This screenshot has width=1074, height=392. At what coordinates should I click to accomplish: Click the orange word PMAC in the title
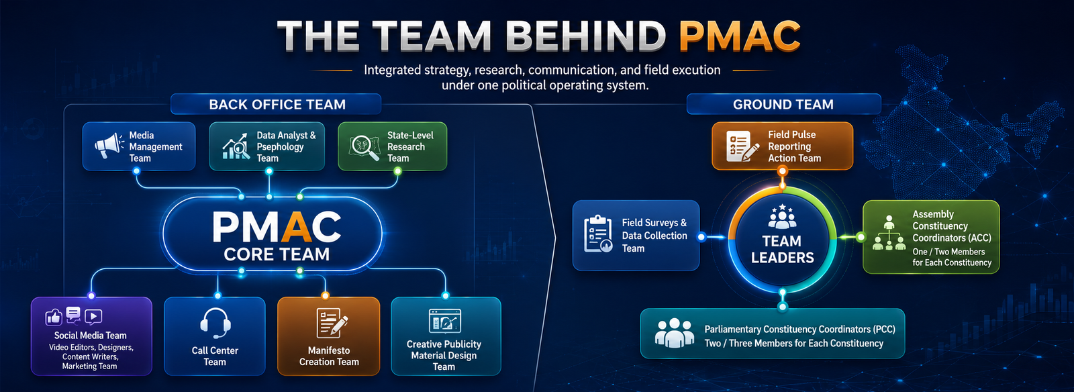pyautogui.click(x=740, y=36)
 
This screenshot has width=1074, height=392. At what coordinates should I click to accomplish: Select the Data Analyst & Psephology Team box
pyautogui.click(x=266, y=146)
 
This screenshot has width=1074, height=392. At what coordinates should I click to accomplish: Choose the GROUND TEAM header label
pyautogui.click(x=783, y=104)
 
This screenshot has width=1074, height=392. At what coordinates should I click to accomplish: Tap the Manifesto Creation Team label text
pyautogui.click(x=329, y=356)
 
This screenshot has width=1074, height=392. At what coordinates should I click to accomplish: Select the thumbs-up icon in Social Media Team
pyautogui.click(x=54, y=317)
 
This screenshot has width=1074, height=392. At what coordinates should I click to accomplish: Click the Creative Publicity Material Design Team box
pyautogui.click(x=446, y=336)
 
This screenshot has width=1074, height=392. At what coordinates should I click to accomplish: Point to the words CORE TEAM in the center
pyautogui.click(x=277, y=254)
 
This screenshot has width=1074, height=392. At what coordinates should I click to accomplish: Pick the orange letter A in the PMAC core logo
pyautogui.click(x=298, y=227)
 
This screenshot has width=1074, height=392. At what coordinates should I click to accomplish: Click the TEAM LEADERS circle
pyautogui.click(x=783, y=239)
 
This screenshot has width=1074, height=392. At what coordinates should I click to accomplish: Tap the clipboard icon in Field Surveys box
pyautogui.click(x=598, y=234)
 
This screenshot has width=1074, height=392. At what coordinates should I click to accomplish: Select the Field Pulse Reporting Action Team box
pyautogui.click(x=783, y=146)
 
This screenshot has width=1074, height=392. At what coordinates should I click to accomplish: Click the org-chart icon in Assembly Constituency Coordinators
pyautogui.click(x=889, y=233)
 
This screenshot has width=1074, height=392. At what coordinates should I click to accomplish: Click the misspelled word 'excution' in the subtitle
pyautogui.click(x=696, y=70)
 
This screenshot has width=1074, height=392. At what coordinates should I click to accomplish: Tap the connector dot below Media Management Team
pyautogui.click(x=137, y=171)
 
